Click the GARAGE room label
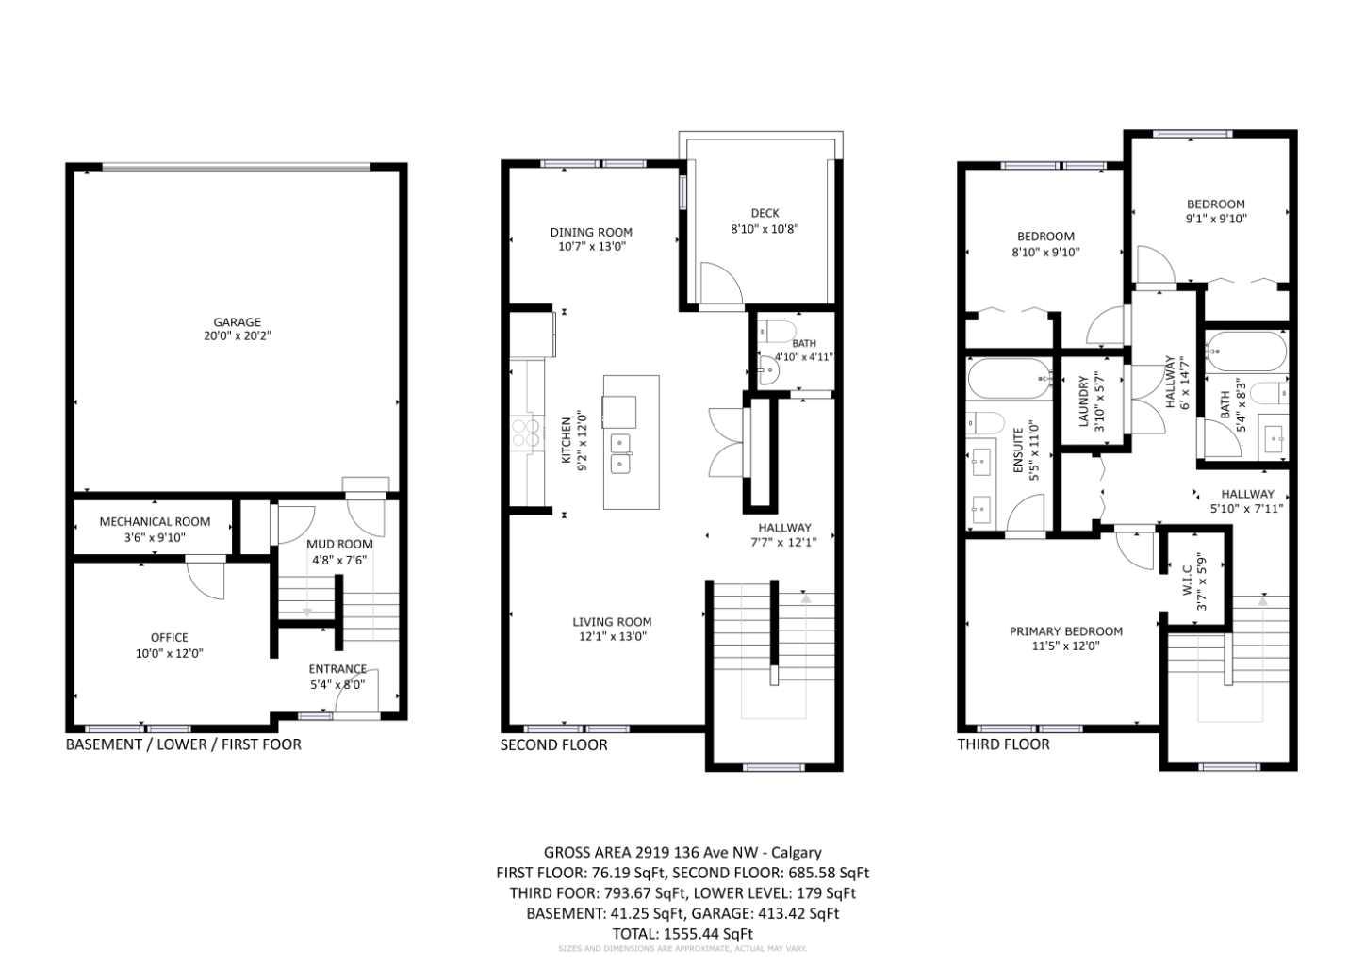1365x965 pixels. coord(237,322)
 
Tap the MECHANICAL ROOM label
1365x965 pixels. coord(155,521)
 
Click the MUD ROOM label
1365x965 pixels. coord(339,544)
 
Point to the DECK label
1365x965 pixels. coord(765,213)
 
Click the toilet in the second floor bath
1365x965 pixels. coord(780,332)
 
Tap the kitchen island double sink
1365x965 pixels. coord(620,452)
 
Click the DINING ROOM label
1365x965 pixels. coord(591,232)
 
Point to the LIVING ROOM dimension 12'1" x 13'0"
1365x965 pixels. coord(612,637)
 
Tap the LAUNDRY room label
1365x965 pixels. coord(1084,401)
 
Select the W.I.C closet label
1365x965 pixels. coord(1186,581)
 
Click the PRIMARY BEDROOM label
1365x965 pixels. coord(1065,631)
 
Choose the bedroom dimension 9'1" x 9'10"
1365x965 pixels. coord(1215,219)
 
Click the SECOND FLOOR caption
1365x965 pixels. coord(553,744)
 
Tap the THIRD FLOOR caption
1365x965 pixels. coord(1003,744)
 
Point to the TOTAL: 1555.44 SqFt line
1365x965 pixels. coord(682,933)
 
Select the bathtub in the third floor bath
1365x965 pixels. coord(1245,352)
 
